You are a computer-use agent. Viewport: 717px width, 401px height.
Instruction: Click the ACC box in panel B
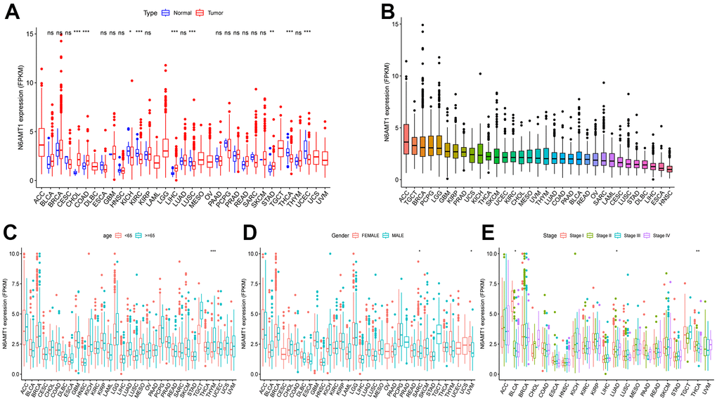click(x=406, y=148)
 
